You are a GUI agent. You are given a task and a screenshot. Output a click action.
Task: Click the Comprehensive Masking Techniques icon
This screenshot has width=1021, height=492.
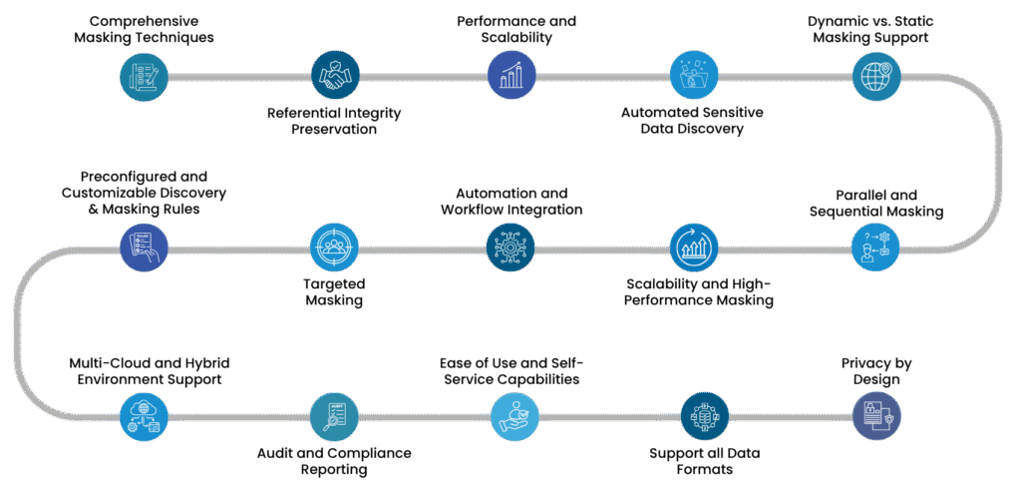tap(144, 76)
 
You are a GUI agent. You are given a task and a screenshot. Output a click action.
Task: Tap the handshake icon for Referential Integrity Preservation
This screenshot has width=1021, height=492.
tap(334, 76)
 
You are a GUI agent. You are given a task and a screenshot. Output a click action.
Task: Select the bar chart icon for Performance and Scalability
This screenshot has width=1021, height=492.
tap(511, 76)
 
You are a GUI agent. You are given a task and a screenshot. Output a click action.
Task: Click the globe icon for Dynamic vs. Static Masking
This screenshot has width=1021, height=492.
tap(876, 76)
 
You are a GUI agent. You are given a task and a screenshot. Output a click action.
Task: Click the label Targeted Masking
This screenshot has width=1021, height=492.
tap(333, 291)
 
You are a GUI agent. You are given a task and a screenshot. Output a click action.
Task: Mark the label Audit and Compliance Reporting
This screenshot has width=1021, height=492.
tap(333, 461)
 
